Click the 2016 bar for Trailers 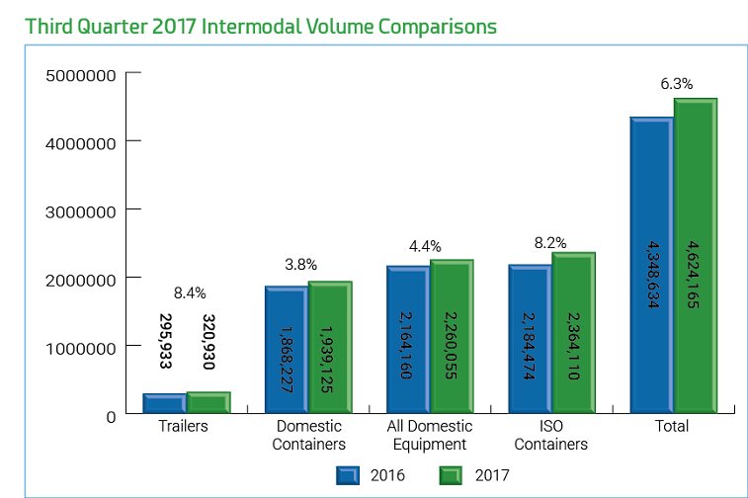164,404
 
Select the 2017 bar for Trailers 208,403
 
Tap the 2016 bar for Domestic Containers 286,351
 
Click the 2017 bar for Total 695,257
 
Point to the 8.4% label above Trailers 190,292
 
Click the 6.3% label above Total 676,84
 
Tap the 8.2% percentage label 550,242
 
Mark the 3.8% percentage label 300,264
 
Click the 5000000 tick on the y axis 81,75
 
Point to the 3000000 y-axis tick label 81,210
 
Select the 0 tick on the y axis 111,416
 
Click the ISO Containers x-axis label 551,435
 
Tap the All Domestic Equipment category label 429,435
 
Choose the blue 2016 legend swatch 347,475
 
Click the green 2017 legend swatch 453,475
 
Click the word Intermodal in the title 252,26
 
